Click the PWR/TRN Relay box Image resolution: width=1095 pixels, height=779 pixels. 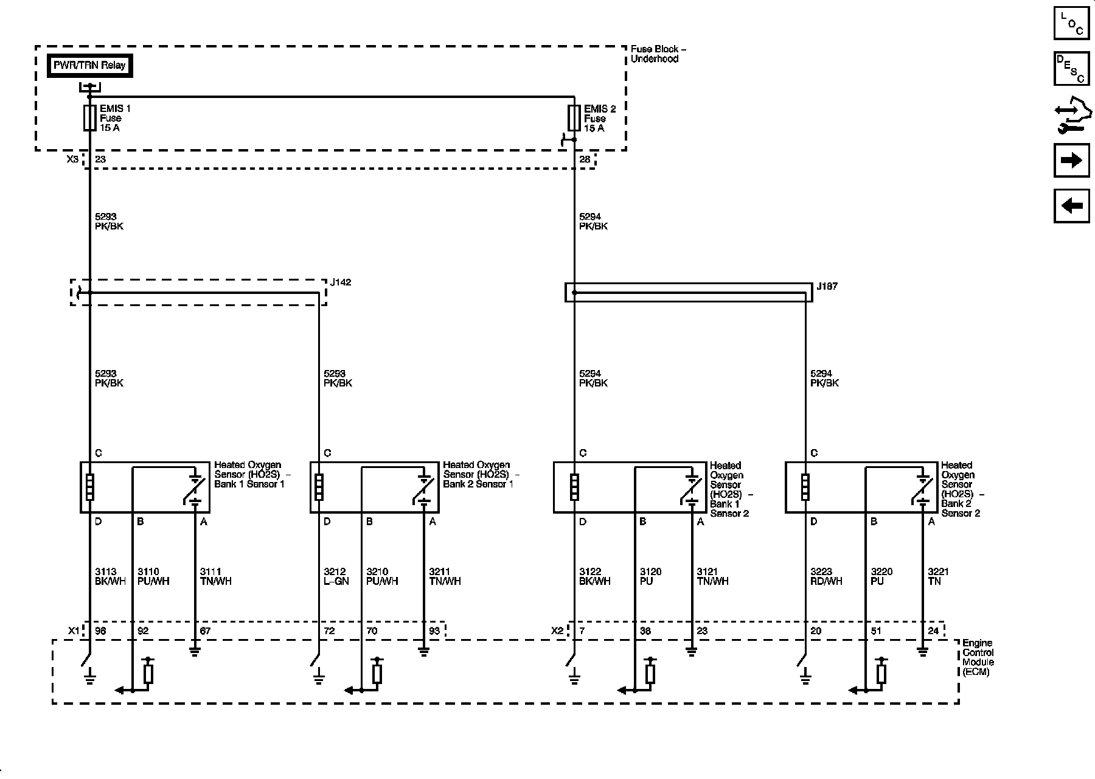[89, 66]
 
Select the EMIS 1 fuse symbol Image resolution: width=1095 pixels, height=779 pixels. [89, 118]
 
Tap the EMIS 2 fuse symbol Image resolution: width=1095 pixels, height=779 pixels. [574, 118]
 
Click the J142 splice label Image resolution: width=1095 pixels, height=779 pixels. [341, 283]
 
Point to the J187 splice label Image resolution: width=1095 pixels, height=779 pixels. [827, 286]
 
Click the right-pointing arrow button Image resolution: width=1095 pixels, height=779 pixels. [1071, 160]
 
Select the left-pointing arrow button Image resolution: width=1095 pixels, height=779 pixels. [1071, 206]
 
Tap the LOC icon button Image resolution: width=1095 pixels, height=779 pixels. [1071, 23]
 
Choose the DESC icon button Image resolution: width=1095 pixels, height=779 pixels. [1071, 68]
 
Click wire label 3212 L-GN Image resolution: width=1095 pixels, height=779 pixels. [336, 576]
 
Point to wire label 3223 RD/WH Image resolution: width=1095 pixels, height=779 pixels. [826, 576]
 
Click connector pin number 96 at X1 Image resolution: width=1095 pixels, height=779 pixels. [100, 631]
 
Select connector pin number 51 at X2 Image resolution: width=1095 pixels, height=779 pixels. [876, 631]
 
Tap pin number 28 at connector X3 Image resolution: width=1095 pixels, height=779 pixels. [585, 159]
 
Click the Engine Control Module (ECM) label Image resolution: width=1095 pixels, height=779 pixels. [978, 657]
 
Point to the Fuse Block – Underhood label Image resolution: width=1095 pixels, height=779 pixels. [658, 54]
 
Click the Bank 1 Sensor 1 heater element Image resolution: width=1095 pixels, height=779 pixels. [90, 487]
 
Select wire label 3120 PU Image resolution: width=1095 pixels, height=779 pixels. [650, 576]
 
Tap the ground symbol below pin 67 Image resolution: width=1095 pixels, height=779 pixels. [195, 652]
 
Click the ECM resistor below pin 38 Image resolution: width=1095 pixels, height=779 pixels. [650, 674]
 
